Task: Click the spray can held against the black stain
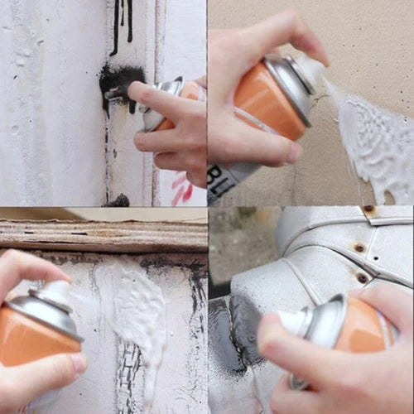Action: [166, 103]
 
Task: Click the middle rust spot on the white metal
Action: [359, 247]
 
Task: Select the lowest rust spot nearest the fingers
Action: [362, 277]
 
